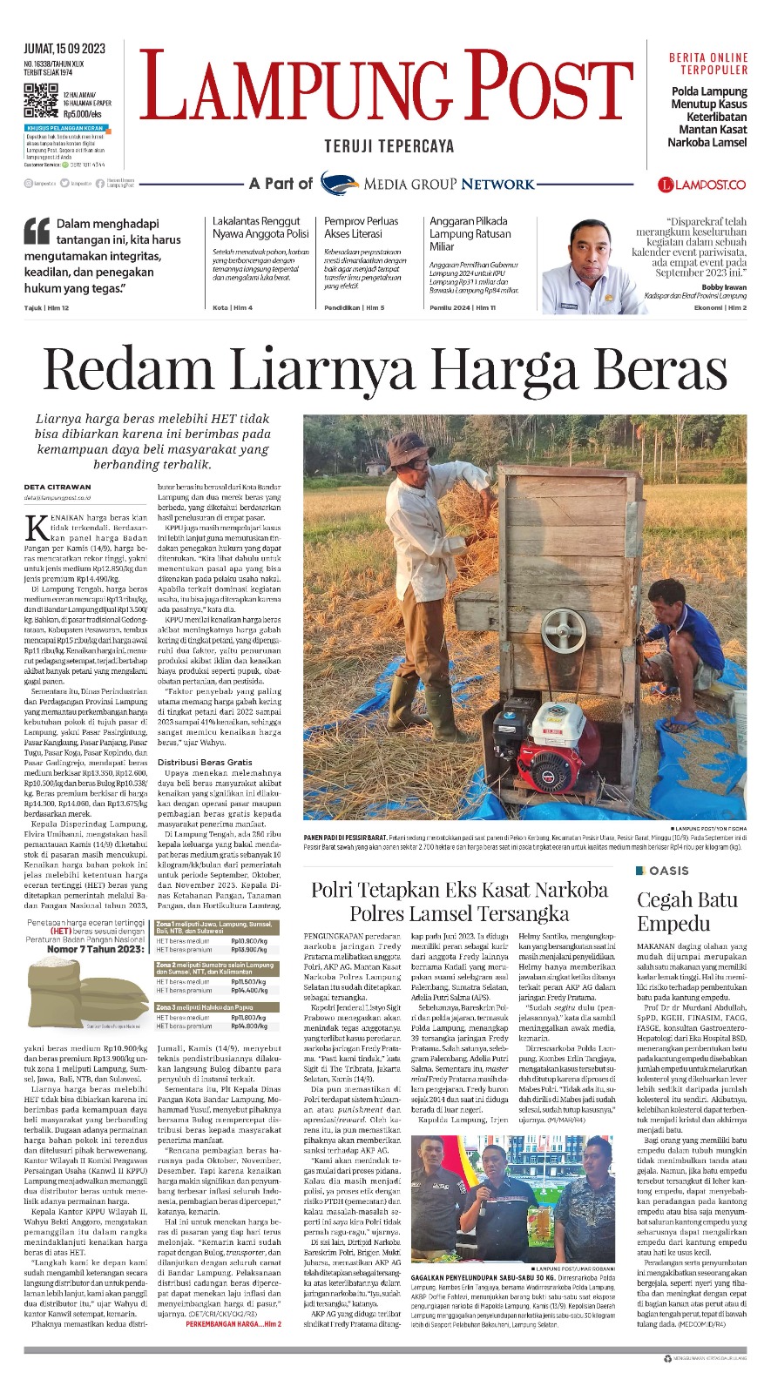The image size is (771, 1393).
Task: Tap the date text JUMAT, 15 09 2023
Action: [64, 49]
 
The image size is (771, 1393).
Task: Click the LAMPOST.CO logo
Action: [702, 184]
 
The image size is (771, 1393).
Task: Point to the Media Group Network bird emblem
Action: [339, 183]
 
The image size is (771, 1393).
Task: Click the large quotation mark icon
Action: [37, 231]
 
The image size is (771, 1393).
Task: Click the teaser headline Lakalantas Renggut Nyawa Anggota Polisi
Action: [260, 227]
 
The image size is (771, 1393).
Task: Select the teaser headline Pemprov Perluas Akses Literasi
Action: [362, 227]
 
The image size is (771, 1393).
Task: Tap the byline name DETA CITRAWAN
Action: [57, 487]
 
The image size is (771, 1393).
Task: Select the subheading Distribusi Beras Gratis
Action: [205, 762]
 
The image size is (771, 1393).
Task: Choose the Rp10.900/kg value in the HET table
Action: [248, 941]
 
